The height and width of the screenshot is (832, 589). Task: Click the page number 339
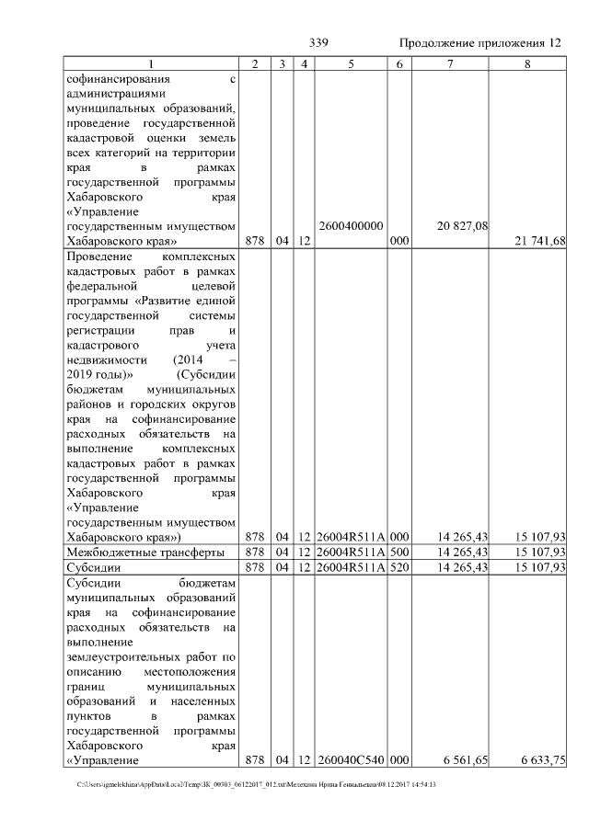click(x=319, y=43)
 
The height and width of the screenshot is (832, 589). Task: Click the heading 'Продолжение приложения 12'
click(x=480, y=43)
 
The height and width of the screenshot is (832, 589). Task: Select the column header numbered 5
click(x=352, y=63)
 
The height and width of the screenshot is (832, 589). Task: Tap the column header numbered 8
click(x=527, y=63)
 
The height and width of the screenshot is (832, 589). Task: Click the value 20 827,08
click(x=464, y=225)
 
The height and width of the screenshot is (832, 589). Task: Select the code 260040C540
click(x=351, y=761)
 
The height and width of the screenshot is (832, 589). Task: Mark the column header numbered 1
click(x=152, y=63)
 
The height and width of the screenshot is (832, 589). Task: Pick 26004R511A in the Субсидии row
click(x=351, y=568)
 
